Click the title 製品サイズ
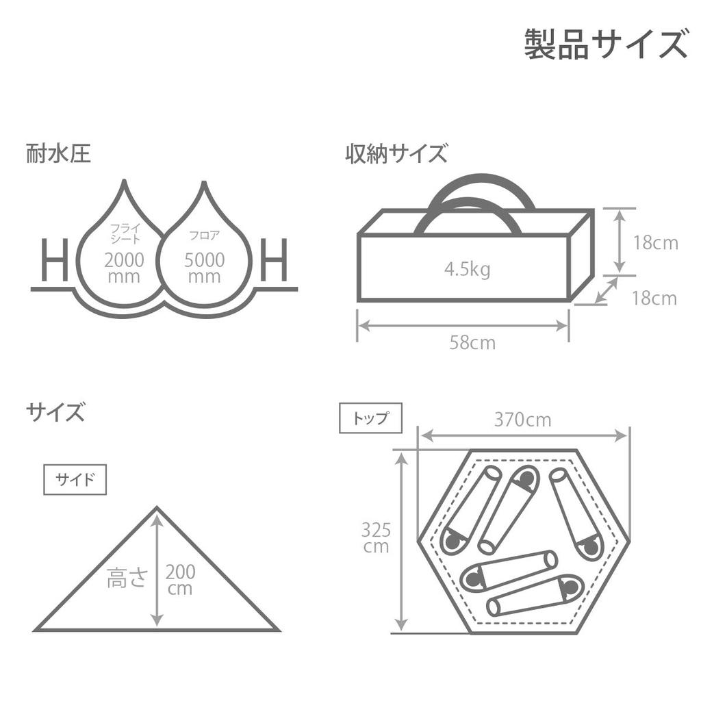606,44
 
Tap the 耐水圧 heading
59,153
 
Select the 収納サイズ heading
396,153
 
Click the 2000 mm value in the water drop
124,268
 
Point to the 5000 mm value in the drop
204,268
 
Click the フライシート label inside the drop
125,233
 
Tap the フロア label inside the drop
204,235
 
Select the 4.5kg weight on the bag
467,270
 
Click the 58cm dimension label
472,343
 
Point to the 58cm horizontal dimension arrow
463,326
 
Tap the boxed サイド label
75,480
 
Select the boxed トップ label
370,418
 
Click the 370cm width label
522,420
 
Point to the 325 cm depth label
376,538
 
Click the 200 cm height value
180,580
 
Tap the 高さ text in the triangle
127,577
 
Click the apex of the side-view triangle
157,507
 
